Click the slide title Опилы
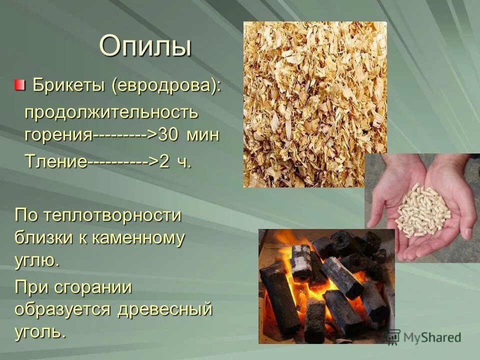tap(145, 46)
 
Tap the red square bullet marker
tap(19, 85)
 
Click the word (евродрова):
tap(166, 85)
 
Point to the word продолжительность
tap(111, 112)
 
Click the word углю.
tap(37, 260)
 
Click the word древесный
tap(165, 309)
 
